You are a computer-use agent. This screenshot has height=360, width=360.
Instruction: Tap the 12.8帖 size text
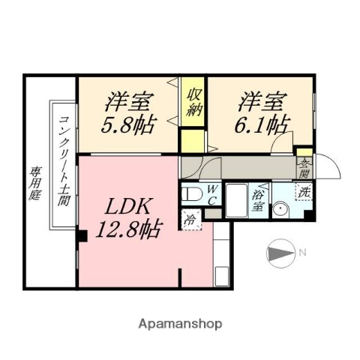coord(128,229)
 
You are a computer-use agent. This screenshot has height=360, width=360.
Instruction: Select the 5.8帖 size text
coord(127,122)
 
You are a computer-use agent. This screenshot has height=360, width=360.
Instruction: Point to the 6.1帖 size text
coord(264,122)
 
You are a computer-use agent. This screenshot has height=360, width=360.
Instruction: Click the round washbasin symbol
coord(282,210)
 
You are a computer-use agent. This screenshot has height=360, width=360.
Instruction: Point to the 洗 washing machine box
coord(304,192)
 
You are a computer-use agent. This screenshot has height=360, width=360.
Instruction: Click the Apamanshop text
coord(180,323)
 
